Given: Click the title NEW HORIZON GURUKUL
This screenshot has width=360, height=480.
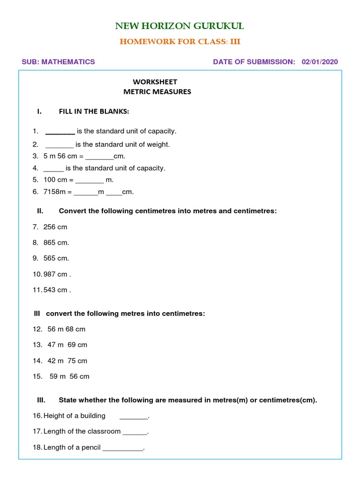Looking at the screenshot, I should click(180, 26).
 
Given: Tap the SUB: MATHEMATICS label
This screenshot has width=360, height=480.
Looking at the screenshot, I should click(59, 62).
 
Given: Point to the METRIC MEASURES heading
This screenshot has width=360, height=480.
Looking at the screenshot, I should click(157, 92).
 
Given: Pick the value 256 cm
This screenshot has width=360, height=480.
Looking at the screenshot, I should click(55, 227).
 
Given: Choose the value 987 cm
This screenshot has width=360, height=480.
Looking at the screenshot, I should click(55, 274).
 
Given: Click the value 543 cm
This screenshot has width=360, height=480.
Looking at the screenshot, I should click(55, 290).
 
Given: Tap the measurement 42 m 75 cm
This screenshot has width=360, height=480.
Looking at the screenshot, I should click(67, 360).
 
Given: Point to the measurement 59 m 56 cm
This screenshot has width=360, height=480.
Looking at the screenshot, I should click(69, 376).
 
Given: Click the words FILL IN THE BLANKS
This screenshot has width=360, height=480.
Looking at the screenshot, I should click(94, 112).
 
